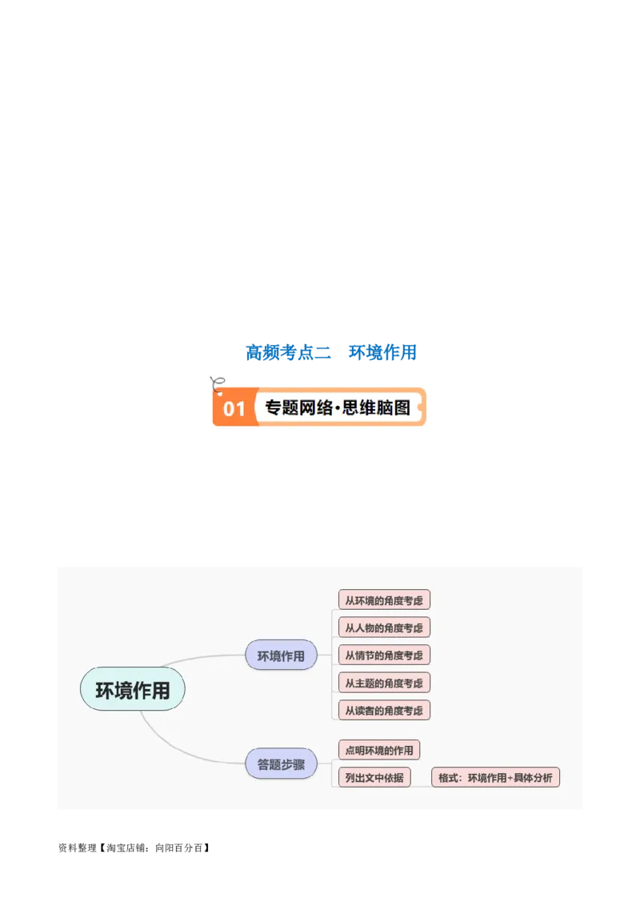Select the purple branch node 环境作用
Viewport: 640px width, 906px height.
[281, 655]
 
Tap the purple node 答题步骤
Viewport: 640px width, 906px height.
[281, 764]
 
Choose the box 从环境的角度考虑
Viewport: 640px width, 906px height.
[384, 600]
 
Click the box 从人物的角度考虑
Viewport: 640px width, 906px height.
[384, 627]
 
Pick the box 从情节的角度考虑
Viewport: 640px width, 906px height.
[384, 655]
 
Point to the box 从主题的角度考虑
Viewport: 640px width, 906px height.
[384, 683]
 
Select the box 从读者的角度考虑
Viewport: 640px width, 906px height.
[384, 710]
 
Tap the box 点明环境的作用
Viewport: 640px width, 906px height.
[379, 750]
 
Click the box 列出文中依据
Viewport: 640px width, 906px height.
[374, 777]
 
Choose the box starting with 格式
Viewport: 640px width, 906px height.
[495, 777]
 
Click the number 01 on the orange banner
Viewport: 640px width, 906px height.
[234, 409]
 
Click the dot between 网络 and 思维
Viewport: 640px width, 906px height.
[338, 408]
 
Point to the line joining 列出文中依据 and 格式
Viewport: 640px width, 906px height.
[421, 778]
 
